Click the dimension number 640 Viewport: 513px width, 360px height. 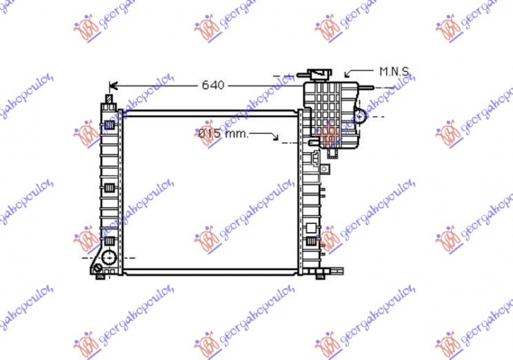[x=214, y=85]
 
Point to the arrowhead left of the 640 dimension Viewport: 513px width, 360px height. [x=114, y=85]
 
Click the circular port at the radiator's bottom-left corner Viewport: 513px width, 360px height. [x=108, y=258]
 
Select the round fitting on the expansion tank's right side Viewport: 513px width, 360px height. [x=361, y=116]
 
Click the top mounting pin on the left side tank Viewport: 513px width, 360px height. [x=109, y=99]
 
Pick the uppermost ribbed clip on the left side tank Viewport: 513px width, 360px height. [x=110, y=124]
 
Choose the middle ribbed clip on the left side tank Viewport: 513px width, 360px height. [x=110, y=187]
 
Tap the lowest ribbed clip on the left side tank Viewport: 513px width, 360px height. [x=110, y=241]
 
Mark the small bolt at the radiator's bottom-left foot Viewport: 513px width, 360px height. [x=100, y=277]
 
